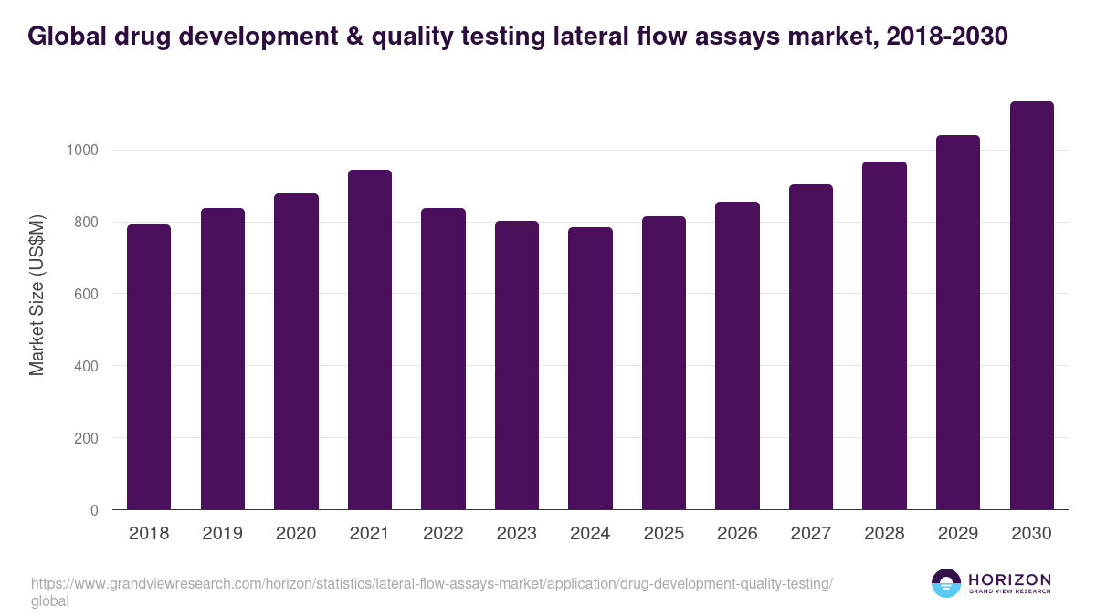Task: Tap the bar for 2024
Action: pyautogui.click(x=590, y=369)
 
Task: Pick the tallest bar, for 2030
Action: pyautogui.click(x=1031, y=306)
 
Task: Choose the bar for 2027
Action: pyautogui.click(x=811, y=347)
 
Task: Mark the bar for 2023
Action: pyautogui.click(x=517, y=365)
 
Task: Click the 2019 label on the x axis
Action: pyautogui.click(x=222, y=534)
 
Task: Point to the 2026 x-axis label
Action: pyautogui.click(x=737, y=534)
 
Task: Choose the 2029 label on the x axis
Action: pyautogui.click(x=958, y=534)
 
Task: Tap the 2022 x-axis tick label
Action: pyautogui.click(x=443, y=534)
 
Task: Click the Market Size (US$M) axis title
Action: pyautogui.click(x=37, y=295)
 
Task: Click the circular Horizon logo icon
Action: pyautogui.click(x=946, y=583)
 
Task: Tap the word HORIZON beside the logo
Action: pyautogui.click(x=1009, y=579)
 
